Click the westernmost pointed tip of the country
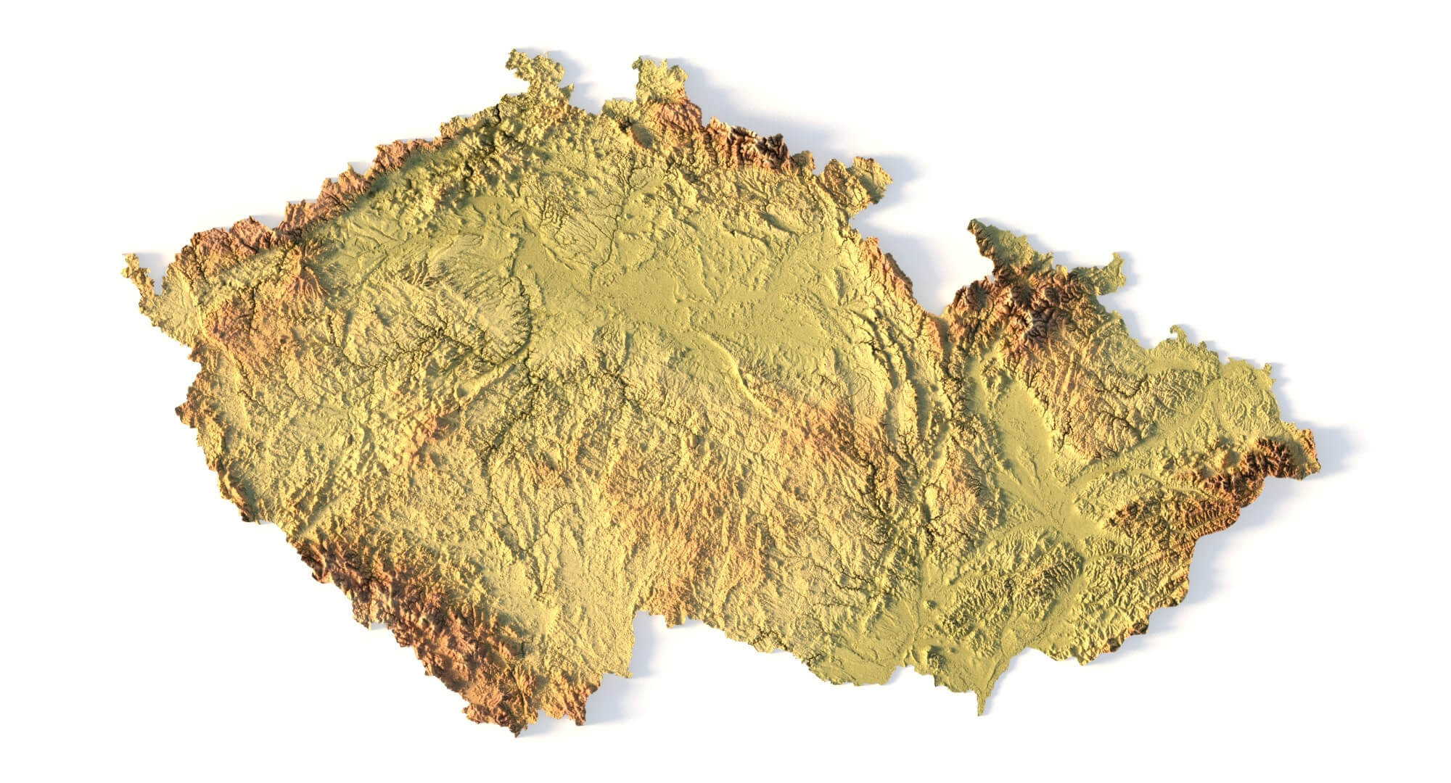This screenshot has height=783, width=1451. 128,260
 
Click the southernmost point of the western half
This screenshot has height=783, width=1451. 517,729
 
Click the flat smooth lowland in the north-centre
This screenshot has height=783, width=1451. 653,290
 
